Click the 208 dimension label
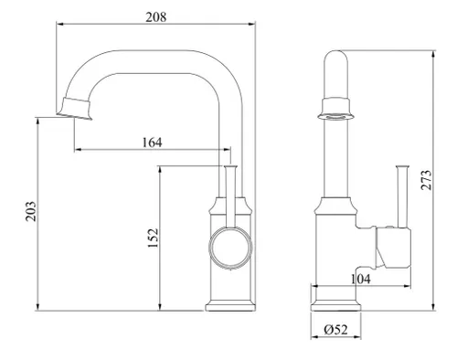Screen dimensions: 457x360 point(156,17)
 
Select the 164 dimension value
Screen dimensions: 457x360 point(153,143)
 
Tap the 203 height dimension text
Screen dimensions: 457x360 point(31,211)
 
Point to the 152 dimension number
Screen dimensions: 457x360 point(153,238)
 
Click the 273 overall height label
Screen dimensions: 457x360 point(426,180)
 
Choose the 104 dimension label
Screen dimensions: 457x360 point(361,279)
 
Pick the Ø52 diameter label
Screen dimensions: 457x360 point(335,329)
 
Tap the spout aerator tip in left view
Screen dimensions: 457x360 point(75,109)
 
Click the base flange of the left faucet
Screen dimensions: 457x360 point(229,305)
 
